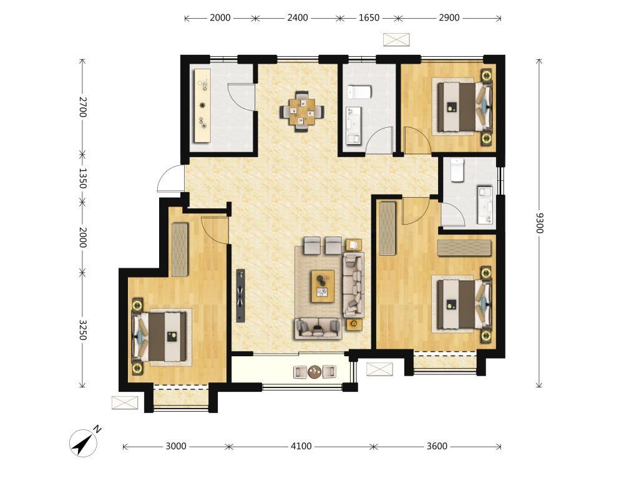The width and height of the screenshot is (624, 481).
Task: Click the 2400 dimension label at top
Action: (x=298, y=17)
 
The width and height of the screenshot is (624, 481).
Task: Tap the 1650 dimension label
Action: (x=369, y=17)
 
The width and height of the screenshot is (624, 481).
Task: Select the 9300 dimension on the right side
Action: (x=539, y=223)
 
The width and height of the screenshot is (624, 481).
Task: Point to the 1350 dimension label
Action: (x=82, y=178)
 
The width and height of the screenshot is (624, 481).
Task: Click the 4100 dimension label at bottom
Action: (x=301, y=446)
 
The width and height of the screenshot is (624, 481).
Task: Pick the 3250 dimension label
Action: (x=82, y=330)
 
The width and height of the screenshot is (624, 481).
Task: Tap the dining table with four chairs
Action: (x=302, y=112)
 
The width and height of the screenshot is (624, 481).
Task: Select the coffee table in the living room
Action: (x=323, y=286)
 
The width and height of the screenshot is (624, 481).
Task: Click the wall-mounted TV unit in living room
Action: (x=240, y=295)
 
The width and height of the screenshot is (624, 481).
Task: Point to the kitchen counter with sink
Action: (x=202, y=106)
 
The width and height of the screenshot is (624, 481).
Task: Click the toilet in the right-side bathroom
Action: (x=457, y=170)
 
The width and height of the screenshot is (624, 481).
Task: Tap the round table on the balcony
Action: (x=314, y=371)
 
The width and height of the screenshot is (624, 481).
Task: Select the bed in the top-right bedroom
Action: (x=464, y=106)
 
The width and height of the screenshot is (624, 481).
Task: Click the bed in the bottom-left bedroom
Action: (x=160, y=337)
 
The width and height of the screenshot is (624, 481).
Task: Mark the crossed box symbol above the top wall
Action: (x=396, y=39)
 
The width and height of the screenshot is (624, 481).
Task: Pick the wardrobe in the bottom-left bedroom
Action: (x=180, y=250)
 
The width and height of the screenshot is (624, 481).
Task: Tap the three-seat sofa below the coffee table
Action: (x=318, y=328)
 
